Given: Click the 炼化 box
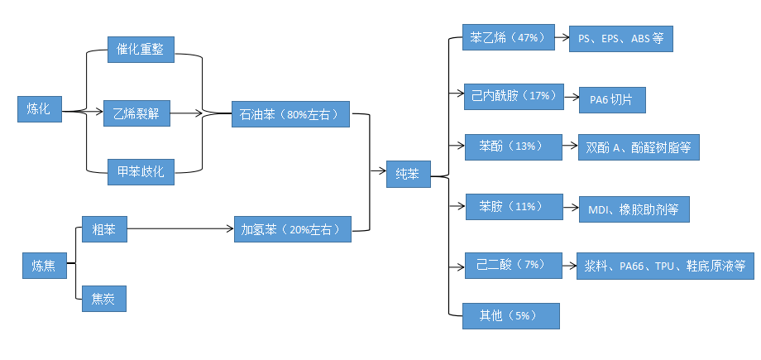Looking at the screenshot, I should point(39,109).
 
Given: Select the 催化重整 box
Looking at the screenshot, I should point(141,50).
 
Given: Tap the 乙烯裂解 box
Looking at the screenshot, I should point(136,113).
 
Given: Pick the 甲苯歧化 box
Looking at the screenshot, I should point(141,172).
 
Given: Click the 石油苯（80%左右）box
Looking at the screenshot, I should point(290,114).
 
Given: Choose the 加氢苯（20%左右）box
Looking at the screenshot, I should point(292,228).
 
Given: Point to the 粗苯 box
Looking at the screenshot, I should point(104,228).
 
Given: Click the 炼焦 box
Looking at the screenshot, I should point(44,265).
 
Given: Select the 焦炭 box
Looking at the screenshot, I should point(104,299).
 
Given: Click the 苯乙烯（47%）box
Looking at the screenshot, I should point(505,38).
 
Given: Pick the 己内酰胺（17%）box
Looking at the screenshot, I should point(512,95).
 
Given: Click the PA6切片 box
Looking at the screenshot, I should point(611,100).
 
